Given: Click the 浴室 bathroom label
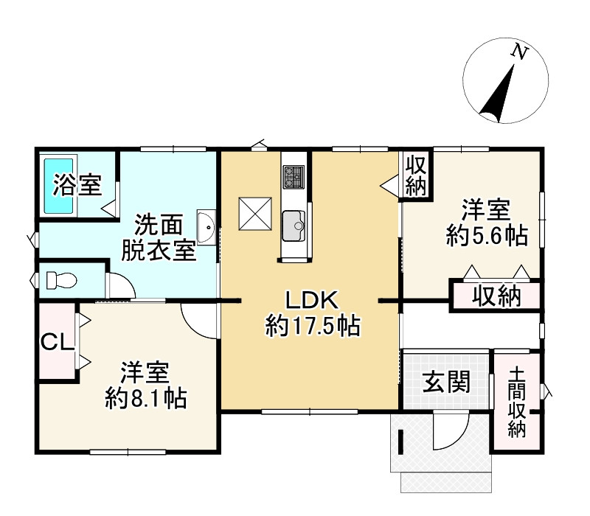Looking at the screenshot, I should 76,186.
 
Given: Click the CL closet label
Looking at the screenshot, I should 55,342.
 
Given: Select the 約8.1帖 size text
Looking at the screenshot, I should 145,398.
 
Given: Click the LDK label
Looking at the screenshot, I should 311,300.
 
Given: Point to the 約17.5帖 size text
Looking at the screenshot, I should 312,326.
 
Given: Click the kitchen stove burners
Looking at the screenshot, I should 293,177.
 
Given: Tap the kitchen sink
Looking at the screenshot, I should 294,223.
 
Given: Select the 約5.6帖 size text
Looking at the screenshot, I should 486,236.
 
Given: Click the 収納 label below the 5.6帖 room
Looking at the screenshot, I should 496,296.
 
